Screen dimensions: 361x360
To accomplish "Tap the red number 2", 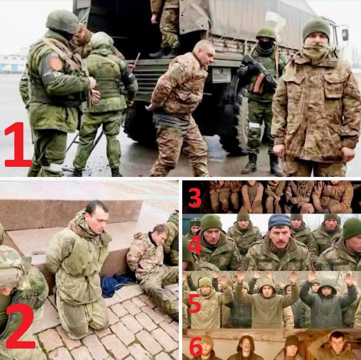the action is tap(20, 326).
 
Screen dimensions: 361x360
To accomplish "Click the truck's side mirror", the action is tap(345, 35).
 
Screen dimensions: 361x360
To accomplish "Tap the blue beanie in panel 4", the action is tap(279, 222).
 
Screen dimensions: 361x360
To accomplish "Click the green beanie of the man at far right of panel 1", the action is tap(316, 28).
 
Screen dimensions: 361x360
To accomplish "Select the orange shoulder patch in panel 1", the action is tap(55, 62).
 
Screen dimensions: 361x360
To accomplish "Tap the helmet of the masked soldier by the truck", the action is tap(266, 32).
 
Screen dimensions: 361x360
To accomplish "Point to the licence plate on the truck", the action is tap(221, 75).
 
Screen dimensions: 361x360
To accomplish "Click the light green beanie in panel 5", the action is tap(205, 282).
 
